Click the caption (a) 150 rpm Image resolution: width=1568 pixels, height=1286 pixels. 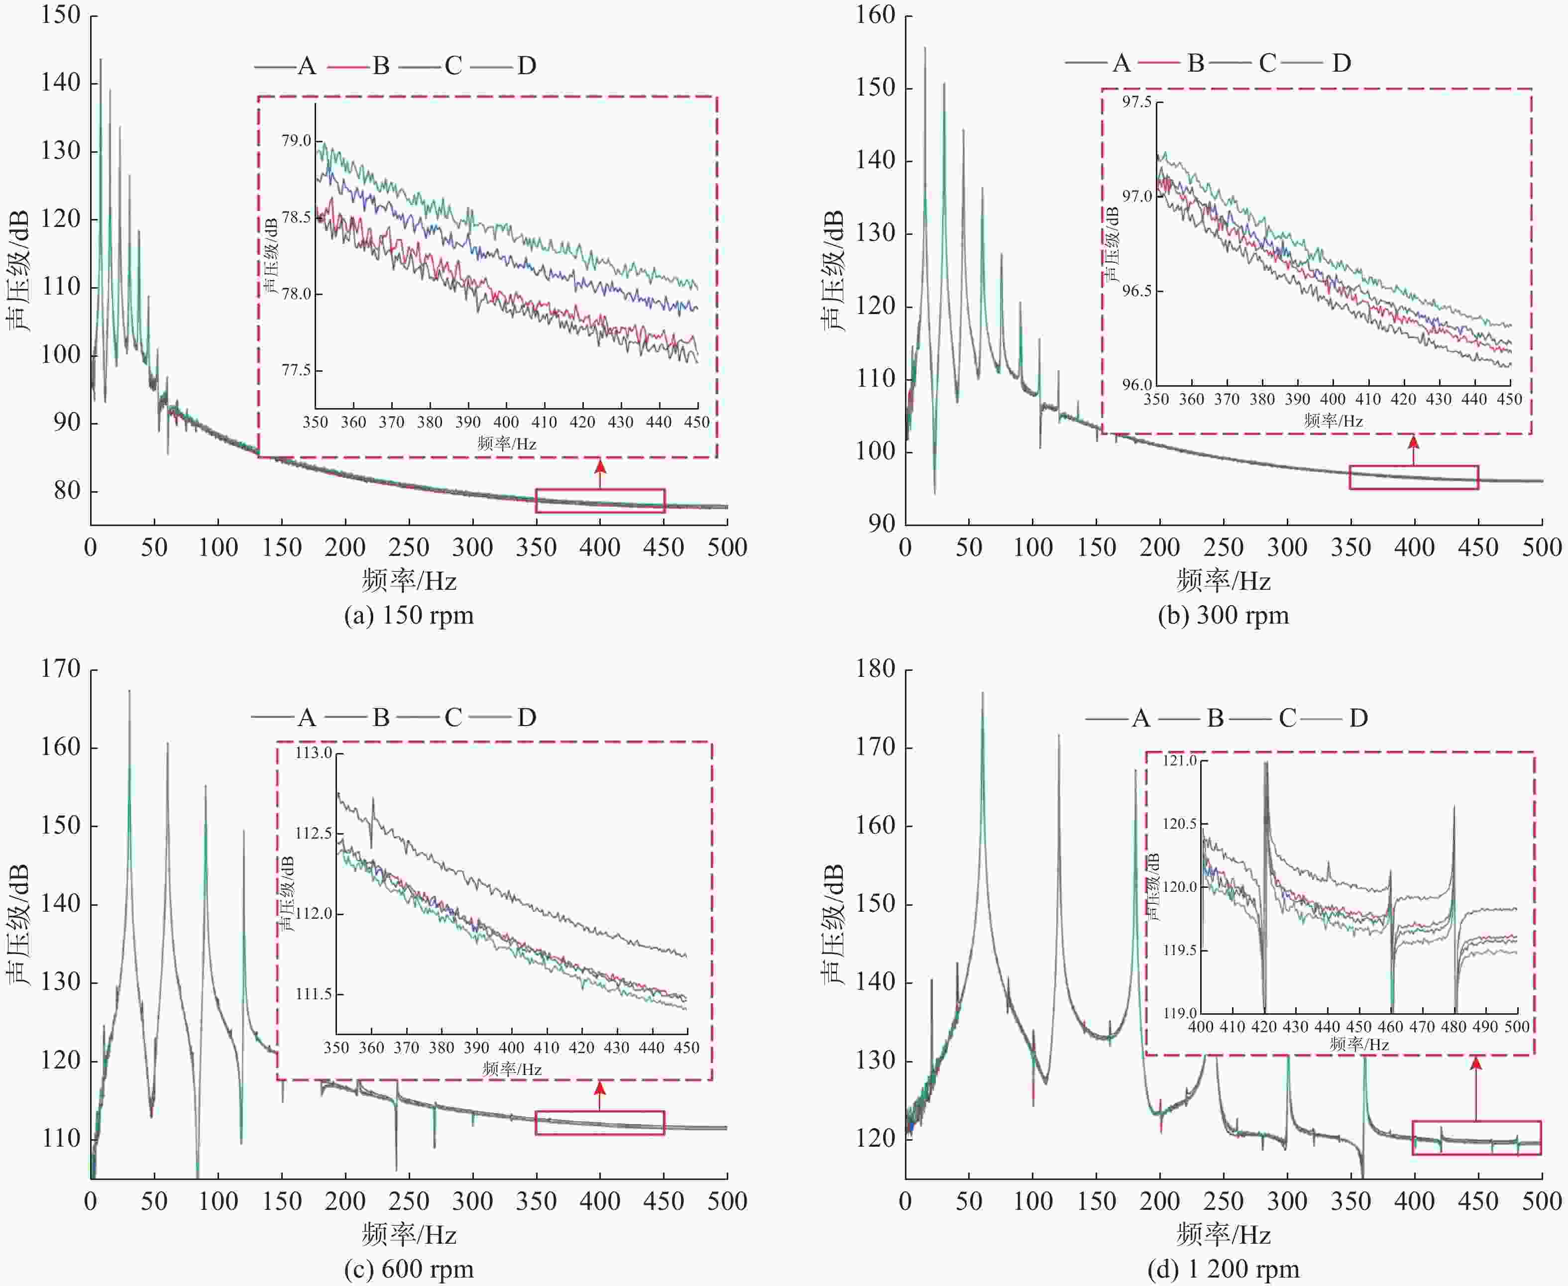tap(408, 616)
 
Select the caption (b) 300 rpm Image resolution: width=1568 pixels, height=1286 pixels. tap(1224, 616)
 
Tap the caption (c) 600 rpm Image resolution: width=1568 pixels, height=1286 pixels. tap(408, 1269)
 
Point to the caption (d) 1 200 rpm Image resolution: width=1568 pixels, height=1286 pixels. tap(1224, 1269)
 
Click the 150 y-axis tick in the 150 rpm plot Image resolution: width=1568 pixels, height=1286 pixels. tap(61, 15)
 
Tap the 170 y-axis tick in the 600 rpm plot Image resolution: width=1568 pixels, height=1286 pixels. tap(61, 669)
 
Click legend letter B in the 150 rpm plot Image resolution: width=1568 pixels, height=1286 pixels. tap(381, 66)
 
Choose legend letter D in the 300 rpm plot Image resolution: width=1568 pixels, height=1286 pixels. tap(1341, 63)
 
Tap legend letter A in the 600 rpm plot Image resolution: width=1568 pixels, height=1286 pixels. tap(306, 717)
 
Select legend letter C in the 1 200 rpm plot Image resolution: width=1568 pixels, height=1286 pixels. tap(1287, 718)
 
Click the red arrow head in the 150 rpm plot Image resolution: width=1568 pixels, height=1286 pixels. tap(600, 466)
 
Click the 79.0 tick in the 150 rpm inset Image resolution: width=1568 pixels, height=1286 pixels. tap(296, 141)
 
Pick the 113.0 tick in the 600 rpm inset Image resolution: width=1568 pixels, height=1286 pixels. tap(314, 753)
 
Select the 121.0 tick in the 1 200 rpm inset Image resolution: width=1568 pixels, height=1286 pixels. tap(1181, 761)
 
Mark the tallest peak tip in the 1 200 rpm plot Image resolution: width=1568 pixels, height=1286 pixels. tap(983, 693)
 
